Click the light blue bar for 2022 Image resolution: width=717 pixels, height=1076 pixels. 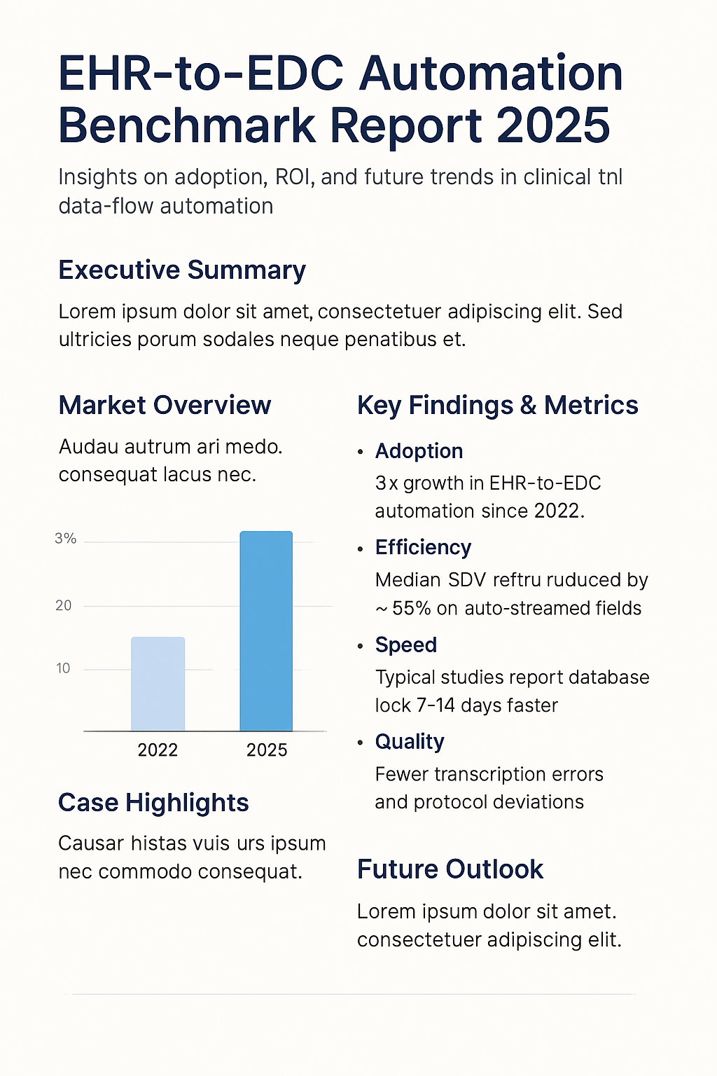click(x=158, y=684)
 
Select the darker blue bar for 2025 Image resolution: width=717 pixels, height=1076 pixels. click(x=266, y=630)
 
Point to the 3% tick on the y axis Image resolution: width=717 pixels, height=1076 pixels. click(x=65, y=539)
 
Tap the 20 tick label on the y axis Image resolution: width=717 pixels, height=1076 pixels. click(x=64, y=606)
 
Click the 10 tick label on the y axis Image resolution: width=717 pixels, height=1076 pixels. click(x=64, y=668)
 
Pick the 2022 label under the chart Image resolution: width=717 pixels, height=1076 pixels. click(x=158, y=750)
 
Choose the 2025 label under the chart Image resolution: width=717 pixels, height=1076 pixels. click(x=267, y=750)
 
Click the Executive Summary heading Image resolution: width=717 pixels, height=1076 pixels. click(x=182, y=270)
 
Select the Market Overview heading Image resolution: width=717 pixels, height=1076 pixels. click(x=165, y=406)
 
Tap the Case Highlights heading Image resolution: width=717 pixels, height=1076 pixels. click(x=153, y=803)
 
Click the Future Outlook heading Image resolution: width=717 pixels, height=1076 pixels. click(x=450, y=869)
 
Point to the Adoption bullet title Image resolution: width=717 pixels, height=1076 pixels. click(x=419, y=451)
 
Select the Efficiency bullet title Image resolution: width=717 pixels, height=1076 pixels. click(x=423, y=548)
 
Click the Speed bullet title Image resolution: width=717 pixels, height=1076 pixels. click(x=405, y=645)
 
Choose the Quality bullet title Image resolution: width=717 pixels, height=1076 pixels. click(x=410, y=742)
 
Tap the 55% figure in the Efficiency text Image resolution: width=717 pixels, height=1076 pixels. click(x=411, y=608)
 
